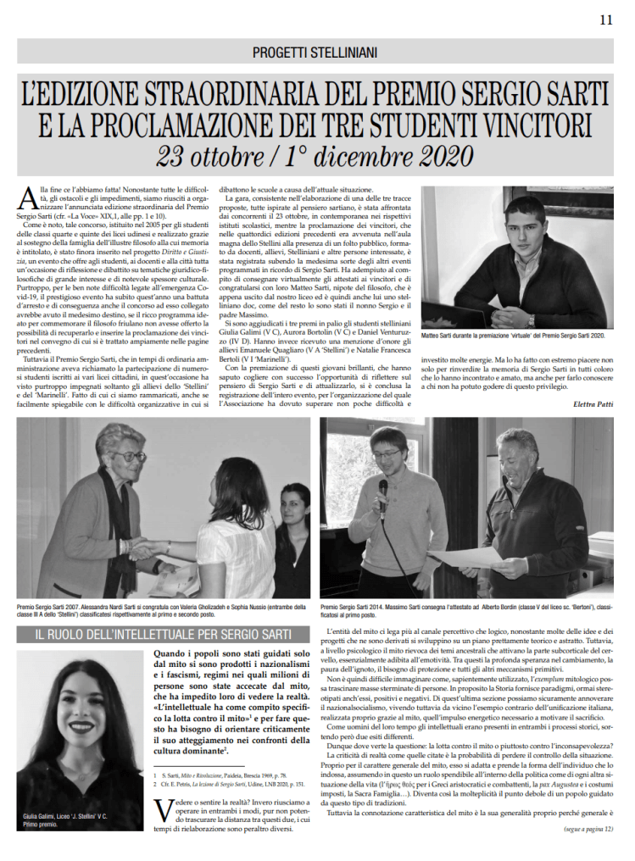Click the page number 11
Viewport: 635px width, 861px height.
(x=605, y=19)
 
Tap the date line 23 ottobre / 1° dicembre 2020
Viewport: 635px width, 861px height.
(x=315, y=157)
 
